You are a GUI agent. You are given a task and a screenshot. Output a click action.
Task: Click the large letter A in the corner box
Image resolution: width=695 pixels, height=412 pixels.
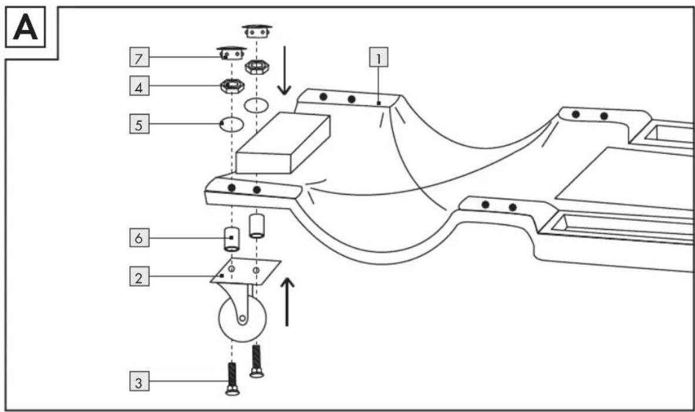(25, 27)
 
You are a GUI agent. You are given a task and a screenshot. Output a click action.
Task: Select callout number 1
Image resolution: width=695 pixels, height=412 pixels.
(379, 57)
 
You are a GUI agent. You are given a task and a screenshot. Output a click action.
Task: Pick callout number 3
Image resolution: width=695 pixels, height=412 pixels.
(139, 382)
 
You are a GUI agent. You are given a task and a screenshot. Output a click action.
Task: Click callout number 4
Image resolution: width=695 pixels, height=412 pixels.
(139, 86)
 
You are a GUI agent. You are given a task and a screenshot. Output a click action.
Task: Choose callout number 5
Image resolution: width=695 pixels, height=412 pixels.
(139, 124)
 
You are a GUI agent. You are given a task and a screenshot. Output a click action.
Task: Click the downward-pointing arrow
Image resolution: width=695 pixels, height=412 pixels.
(284, 71)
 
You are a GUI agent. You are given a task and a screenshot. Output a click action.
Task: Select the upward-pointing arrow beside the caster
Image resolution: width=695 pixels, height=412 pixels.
(288, 302)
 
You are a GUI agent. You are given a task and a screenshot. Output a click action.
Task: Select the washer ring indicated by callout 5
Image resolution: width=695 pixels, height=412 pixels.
(232, 125)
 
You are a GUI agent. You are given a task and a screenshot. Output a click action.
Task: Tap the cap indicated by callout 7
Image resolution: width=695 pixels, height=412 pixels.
(231, 53)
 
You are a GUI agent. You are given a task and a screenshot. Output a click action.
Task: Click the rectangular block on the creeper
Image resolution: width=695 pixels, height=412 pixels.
(284, 142)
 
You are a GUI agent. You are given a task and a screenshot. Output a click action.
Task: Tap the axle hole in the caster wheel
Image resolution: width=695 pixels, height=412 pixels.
(242, 319)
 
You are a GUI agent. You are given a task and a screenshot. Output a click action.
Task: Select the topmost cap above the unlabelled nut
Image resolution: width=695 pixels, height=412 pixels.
(257, 31)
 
